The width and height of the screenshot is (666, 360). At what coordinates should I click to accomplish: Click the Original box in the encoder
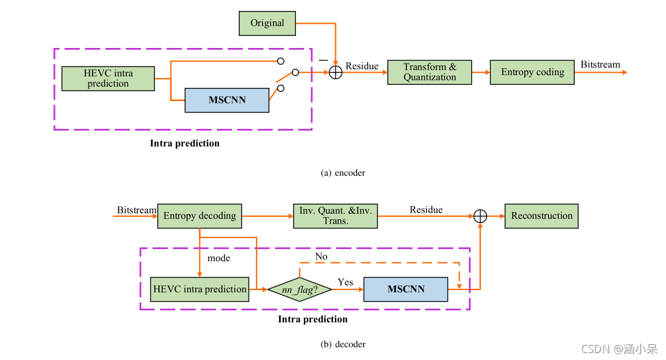267,23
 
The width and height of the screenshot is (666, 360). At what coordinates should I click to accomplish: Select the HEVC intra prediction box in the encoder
108,79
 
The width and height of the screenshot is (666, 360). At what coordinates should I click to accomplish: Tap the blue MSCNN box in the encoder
227,100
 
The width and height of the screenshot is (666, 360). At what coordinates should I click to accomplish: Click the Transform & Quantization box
430,72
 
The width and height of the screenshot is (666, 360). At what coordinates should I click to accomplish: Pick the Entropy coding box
532,72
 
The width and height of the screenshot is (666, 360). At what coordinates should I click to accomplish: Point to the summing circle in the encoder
335,72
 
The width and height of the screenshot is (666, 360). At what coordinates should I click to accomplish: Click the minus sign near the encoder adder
323,59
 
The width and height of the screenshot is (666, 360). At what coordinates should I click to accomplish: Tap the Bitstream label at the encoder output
600,65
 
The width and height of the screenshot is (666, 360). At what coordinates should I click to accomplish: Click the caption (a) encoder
343,173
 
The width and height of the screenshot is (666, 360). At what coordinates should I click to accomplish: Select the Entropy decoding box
199,216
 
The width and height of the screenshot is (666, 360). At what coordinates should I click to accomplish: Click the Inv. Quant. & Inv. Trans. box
335,216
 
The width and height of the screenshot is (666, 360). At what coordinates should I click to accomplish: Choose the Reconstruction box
541,216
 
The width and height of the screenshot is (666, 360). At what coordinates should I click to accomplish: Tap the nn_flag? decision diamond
299,289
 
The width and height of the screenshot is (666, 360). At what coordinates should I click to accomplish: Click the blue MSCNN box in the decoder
405,289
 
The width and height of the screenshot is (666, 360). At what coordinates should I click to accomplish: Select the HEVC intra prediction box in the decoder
199,289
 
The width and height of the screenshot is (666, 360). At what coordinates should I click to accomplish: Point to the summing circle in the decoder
480,216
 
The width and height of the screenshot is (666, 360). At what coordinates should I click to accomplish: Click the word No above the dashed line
321,256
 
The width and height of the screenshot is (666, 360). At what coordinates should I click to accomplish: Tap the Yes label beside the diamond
345,283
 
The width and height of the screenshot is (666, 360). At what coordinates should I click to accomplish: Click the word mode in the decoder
219,258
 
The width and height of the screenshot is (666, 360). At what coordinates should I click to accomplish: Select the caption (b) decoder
343,344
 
